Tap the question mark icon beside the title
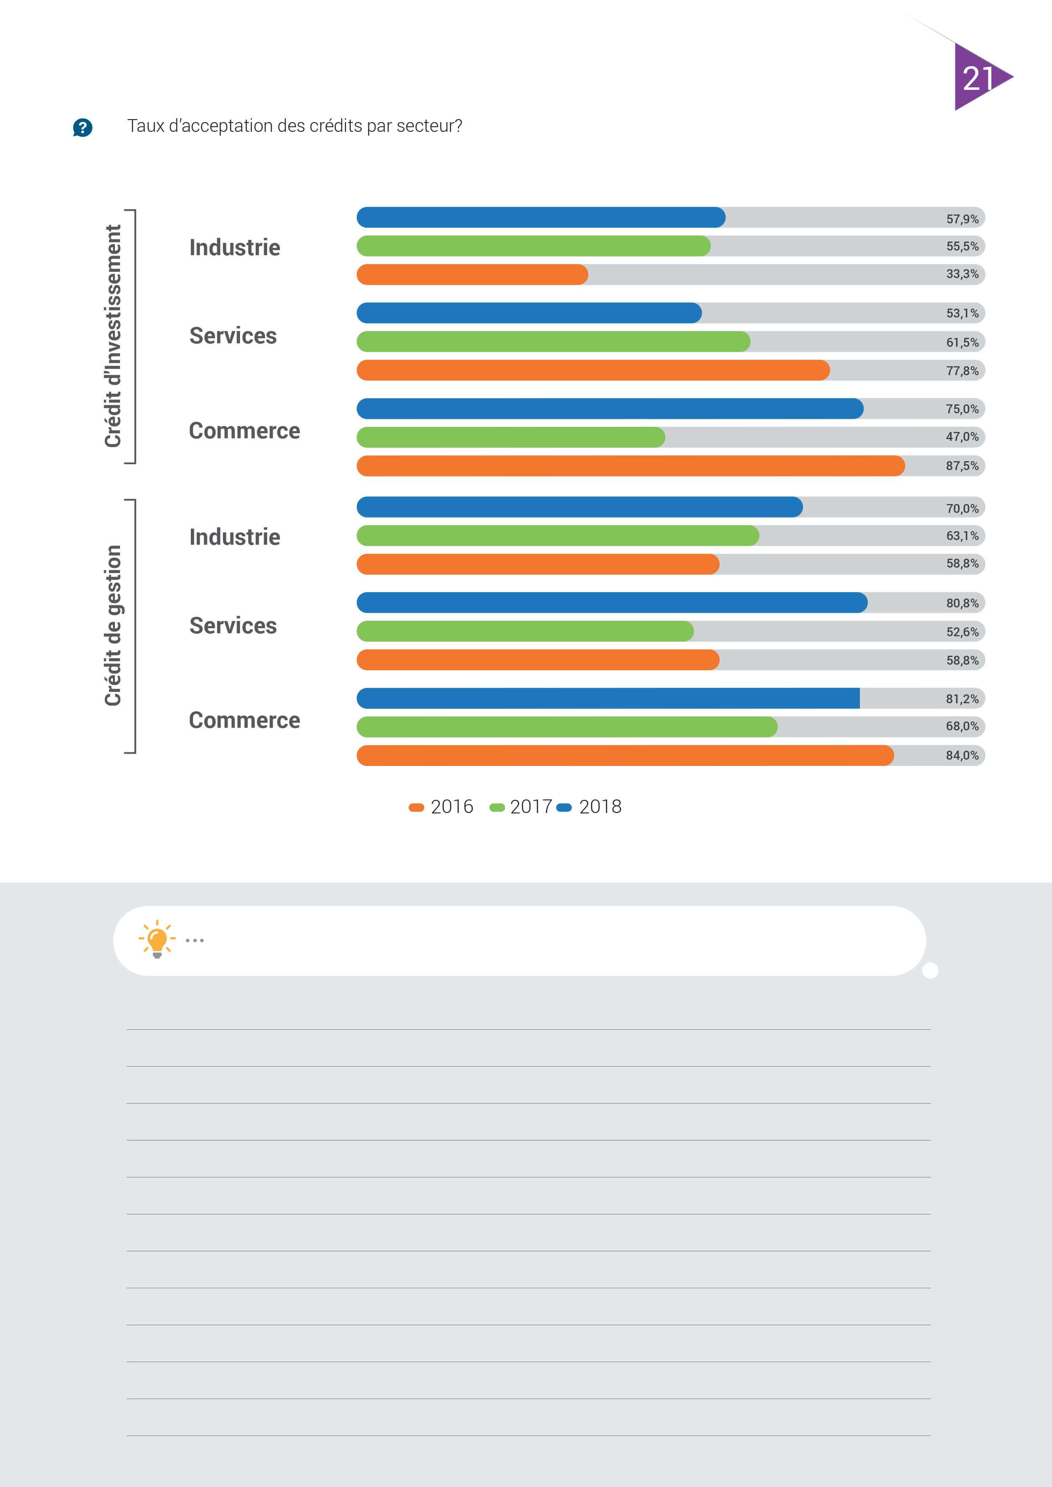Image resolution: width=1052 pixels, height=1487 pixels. tap(82, 128)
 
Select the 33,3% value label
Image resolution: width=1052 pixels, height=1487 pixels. tap(962, 274)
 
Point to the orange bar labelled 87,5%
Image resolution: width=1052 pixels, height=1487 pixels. tap(630, 466)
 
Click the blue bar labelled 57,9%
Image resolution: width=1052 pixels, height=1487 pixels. tap(541, 217)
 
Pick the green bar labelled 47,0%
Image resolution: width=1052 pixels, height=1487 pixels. tap(511, 437)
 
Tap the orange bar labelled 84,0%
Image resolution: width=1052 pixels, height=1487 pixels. tap(625, 755)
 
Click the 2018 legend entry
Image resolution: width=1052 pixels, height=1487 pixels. tap(589, 807)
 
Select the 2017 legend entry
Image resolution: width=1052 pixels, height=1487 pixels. tap(520, 807)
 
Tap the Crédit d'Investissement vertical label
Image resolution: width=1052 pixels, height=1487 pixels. tap(113, 336)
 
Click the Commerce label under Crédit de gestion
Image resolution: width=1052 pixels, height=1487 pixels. tap(244, 720)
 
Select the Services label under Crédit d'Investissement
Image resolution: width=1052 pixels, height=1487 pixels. tap(232, 335)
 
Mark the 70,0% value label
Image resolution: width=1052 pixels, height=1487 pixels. tap(962, 508)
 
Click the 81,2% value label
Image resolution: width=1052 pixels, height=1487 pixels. tap(962, 699)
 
